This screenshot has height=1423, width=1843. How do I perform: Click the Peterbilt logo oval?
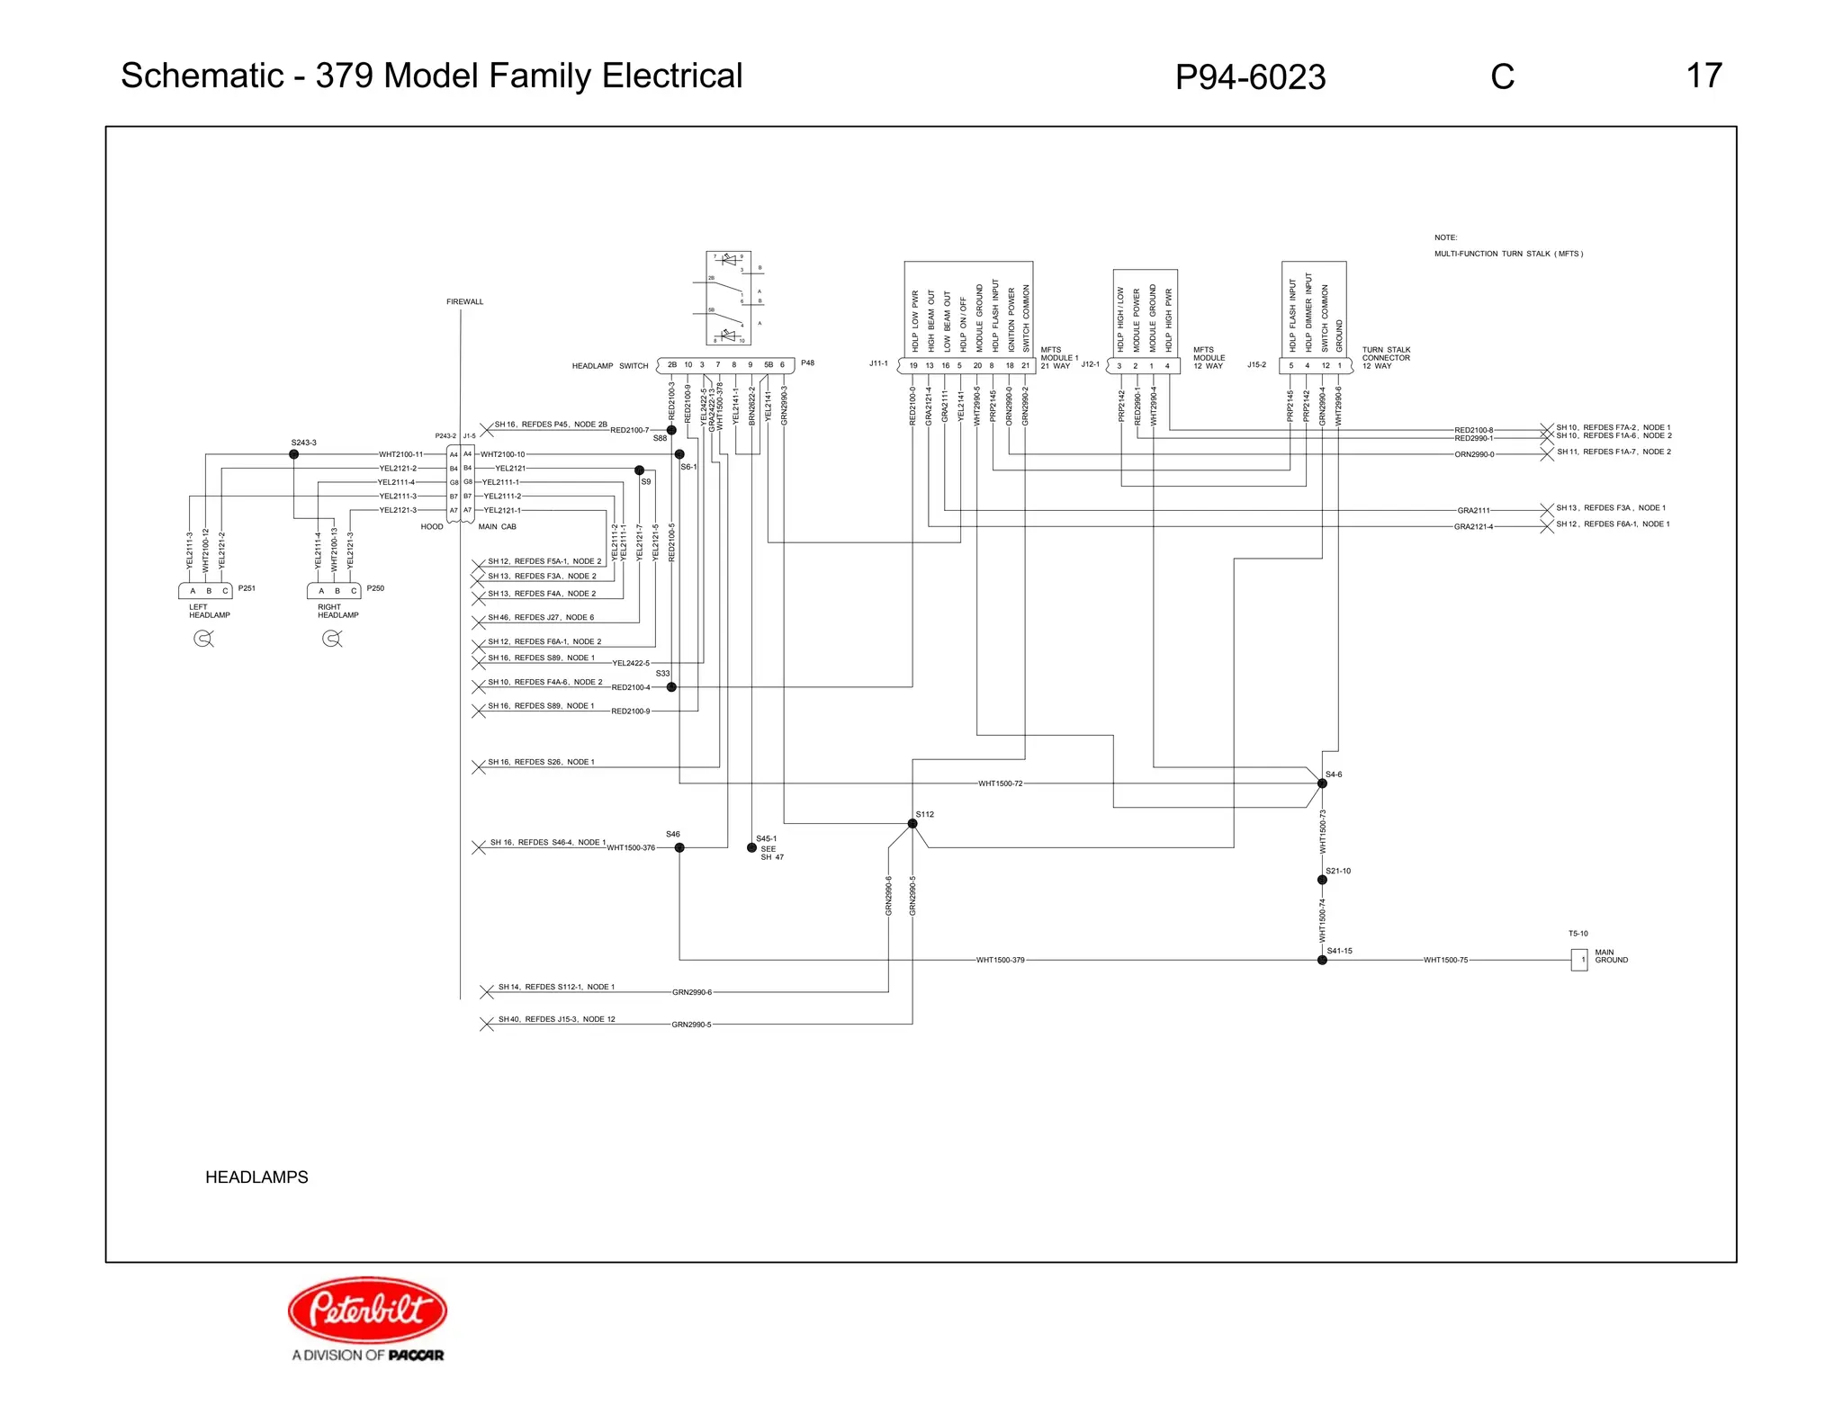coord(367,1310)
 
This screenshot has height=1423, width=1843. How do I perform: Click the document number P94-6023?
coord(1249,77)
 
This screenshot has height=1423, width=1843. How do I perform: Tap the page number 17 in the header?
coord(1704,76)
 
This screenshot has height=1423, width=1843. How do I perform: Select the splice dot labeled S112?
coord(913,824)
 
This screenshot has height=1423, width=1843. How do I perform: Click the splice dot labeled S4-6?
coord(1322,783)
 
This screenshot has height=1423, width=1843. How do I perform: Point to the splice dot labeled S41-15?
coord(1322,960)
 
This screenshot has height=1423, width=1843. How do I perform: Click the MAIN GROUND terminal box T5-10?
coord(1579,960)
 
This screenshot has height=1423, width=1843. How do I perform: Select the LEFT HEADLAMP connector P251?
coord(205,591)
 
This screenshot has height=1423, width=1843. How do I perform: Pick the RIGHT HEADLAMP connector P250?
coord(334,591)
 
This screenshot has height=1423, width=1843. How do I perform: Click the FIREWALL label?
coord(464,301)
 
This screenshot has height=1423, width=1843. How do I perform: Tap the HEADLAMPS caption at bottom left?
coord(256,1177)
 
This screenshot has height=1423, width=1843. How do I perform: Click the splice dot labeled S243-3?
coord(293,454)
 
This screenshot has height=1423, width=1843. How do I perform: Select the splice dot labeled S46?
coord(679,847)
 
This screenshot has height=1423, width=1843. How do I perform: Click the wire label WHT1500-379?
coord(1000,960)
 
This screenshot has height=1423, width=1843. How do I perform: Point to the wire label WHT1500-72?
coord(1000,783)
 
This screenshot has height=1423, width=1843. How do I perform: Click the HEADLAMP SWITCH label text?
coord(609,366)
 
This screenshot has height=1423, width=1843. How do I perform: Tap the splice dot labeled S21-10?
coord(1322,880)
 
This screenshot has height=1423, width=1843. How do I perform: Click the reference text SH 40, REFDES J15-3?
coord(556,1019)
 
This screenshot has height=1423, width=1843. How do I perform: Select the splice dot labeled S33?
coord(671,687)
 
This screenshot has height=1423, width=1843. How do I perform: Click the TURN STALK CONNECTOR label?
coord(1385,358)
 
